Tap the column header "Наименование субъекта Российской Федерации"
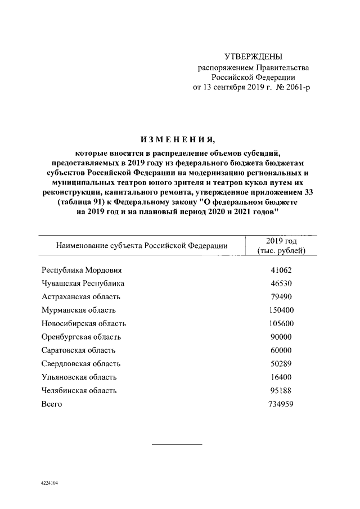(x=141, y=246)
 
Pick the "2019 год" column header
(x=281, y=241)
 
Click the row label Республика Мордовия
(x=81, y=270)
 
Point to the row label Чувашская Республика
(x=83, y=283)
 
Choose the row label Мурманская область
(x=79, y=310)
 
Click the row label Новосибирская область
(x=84, y=323)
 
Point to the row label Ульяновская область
(x=79, y=377)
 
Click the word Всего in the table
(x=52, y=404)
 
